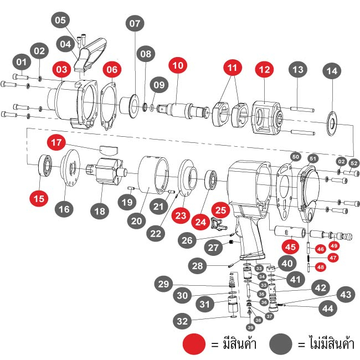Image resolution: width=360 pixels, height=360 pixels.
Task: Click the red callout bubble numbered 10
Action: point(178,65)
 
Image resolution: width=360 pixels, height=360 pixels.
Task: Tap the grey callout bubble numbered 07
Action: point(135,23)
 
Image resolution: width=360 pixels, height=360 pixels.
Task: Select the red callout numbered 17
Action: point(56,142)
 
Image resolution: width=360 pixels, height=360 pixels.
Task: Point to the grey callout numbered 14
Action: point(332,71)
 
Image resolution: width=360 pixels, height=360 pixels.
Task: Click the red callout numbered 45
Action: point(290,247)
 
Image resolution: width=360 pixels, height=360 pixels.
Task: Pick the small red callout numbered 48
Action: point(321,268)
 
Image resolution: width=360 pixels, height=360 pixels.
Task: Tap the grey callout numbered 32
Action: point(182,321)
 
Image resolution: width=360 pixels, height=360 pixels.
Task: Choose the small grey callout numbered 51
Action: point(313,158)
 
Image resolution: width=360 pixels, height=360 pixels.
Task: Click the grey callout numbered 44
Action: point(328,308)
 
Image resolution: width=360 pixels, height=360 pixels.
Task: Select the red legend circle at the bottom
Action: point(194,344)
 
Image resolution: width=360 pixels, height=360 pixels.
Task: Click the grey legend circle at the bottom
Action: point(281,344)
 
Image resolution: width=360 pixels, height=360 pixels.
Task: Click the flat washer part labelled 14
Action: point(332,124)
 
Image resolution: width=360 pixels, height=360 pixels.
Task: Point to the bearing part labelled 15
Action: point(45,166)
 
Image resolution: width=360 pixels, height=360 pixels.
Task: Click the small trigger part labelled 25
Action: point(218,224)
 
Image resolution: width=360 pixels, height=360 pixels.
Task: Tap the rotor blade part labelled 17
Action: point(109,150)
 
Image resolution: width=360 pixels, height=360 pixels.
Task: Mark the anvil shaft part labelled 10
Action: point(183,111)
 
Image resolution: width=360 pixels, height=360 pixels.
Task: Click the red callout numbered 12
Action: point(265,70)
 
